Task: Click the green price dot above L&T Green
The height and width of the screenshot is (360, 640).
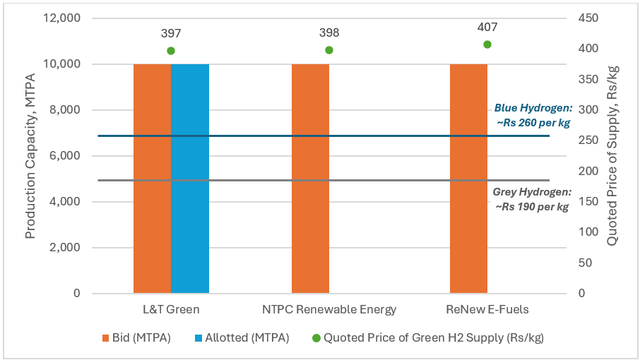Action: pyautogui.click(x=171, y=51)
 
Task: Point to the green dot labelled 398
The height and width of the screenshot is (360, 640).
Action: pyautogui.click(x=329, y=50)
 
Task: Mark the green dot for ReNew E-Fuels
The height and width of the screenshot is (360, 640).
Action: pyautogui.click(x=487, y=44)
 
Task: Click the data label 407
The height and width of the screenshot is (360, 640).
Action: pyautogui.click(x=487, y=28)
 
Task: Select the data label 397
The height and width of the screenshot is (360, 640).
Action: pyautogui.click(x=171, y=33)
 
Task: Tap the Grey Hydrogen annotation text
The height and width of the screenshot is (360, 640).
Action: pyautogui.click(x=531, y=199)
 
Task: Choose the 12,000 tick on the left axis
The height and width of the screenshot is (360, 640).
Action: pyautogui.click(x=61, y=18)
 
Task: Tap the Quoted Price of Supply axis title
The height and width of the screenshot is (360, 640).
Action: pyautogui.click(x=612, y=156)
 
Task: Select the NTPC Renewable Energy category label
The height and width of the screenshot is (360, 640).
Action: pyautogui.click(x=329, y=309)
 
